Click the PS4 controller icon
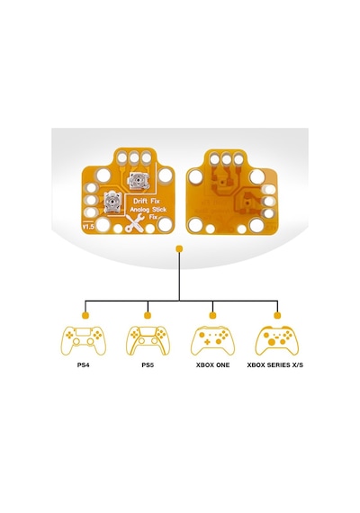84,340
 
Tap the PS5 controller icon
148,340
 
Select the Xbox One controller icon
212,340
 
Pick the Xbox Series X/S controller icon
277,340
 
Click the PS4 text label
84,364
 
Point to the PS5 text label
148,364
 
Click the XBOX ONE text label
212,364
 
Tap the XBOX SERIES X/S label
275,364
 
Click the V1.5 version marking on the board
88,227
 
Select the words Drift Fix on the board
147,201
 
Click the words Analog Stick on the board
148,210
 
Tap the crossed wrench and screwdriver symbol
135,223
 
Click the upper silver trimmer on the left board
138,180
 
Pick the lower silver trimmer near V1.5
112,202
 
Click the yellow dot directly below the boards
179,249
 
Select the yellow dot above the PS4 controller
85,315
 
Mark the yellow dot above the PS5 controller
148,315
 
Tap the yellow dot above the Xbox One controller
212,315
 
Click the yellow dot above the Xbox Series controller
277,315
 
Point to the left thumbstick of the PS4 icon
76,342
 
